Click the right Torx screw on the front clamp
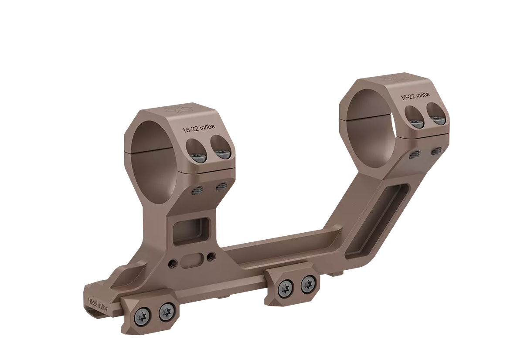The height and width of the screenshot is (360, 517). tap(166, 311)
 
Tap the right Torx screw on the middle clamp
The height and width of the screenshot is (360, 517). tap(308, 285)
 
